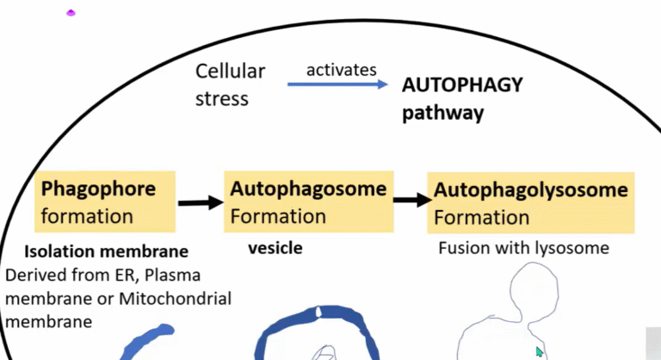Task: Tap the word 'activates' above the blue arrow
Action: point(342,69)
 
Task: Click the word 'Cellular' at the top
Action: point(230,71)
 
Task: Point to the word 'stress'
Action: point(221,98)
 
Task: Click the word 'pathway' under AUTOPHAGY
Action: point(442,113)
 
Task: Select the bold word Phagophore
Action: point(98,189)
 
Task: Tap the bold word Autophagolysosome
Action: point(531,189)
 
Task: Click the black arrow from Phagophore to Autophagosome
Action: point(200,202)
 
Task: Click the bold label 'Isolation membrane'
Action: point(106,252)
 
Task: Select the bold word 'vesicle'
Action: point(274,248)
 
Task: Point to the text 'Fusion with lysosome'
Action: point(523,248)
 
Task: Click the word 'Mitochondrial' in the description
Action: point(182,298)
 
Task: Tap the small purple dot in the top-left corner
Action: point(71,13)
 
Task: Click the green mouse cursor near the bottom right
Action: point(540,351)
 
